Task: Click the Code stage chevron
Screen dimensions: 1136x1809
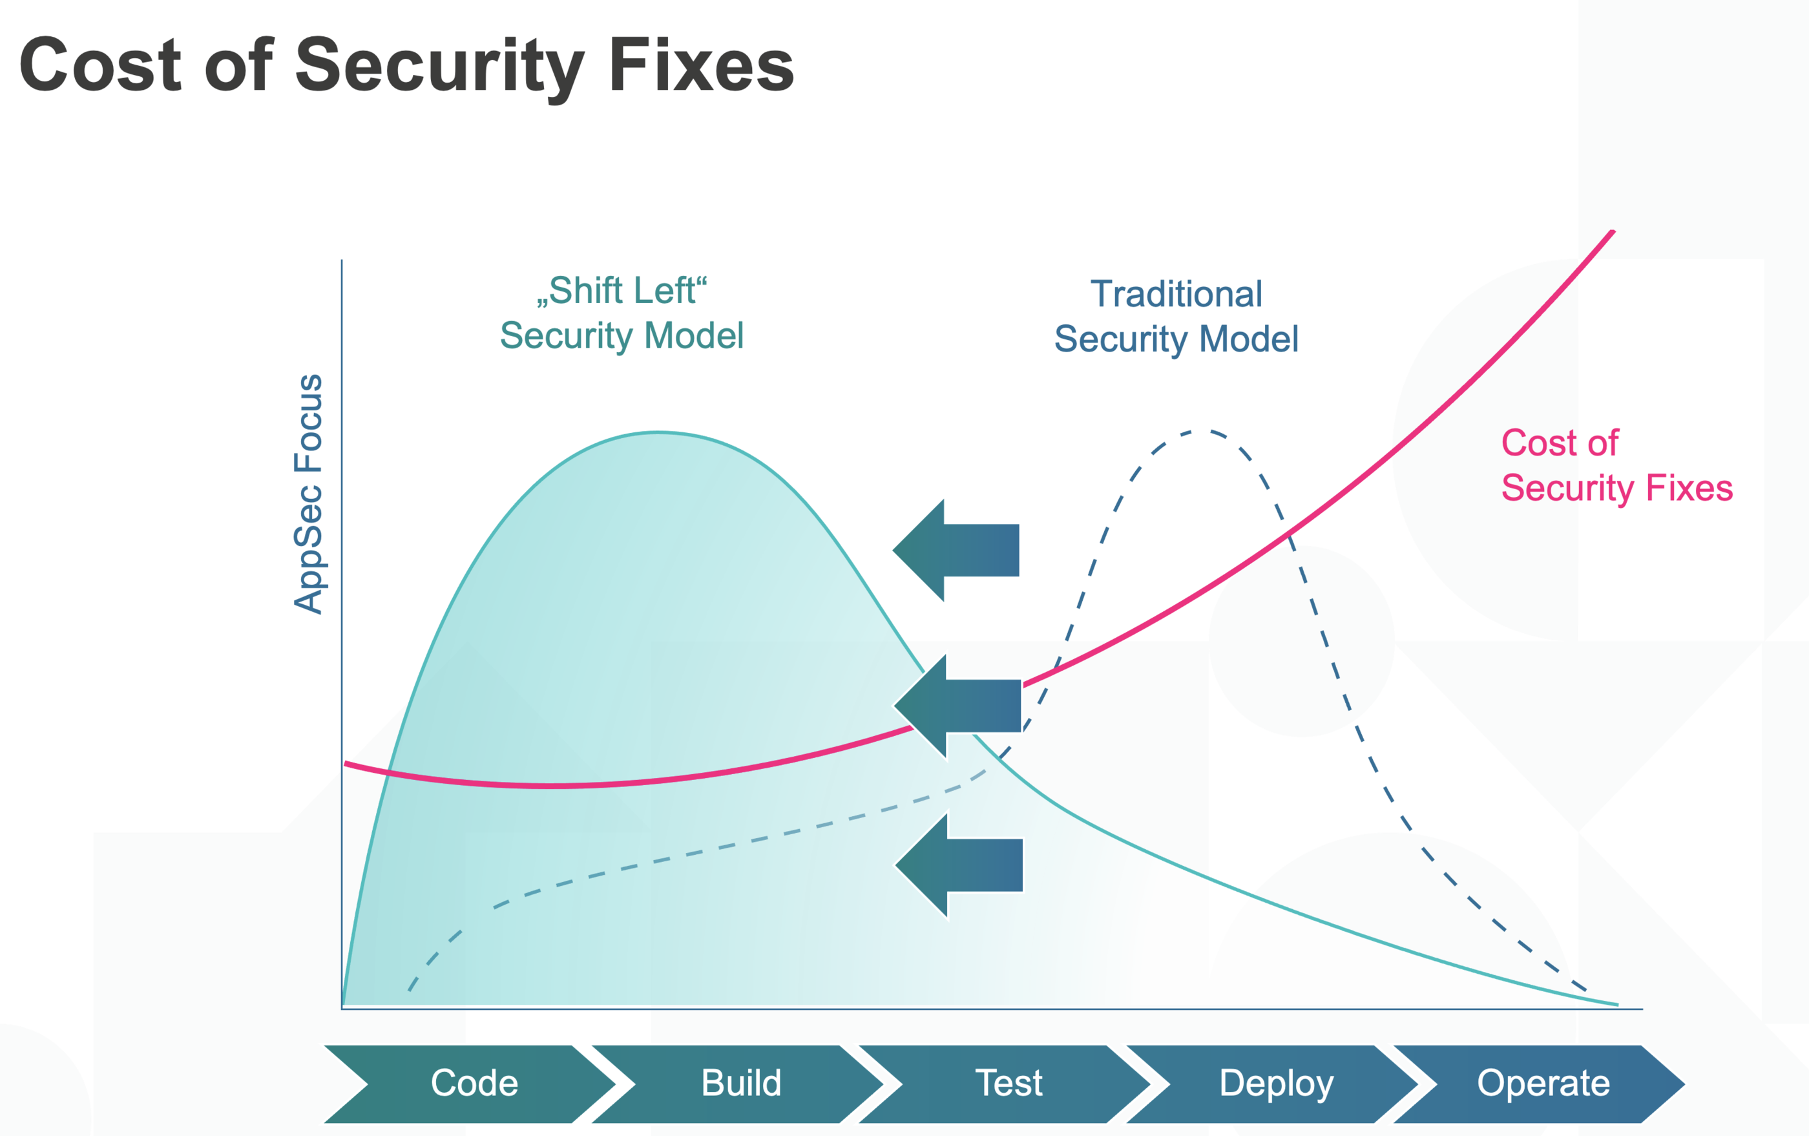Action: tap(474, 1084)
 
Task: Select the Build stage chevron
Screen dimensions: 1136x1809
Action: tap(741, 1084)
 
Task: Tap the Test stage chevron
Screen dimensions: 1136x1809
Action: tap(1008, 1084)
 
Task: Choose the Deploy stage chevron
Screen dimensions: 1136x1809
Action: tap(1275, 1084)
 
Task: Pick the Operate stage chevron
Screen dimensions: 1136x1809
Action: tap(1543, 1084)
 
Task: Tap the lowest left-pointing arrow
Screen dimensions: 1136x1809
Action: tap(959, 865)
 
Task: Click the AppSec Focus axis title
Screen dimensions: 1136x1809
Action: tap(308, 494)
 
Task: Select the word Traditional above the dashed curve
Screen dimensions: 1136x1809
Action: tap(1176, 294)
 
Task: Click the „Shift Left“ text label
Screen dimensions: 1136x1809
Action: tap(622, 290)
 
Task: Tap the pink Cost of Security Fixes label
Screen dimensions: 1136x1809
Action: tap(1615, 465)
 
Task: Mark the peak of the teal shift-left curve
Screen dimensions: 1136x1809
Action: tap(659, 433)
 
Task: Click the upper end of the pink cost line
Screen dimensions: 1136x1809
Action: tap(1611, 233)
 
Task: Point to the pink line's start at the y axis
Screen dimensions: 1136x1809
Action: tap(347, 764)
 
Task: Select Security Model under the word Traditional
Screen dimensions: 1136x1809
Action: tap(1176, 339)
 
